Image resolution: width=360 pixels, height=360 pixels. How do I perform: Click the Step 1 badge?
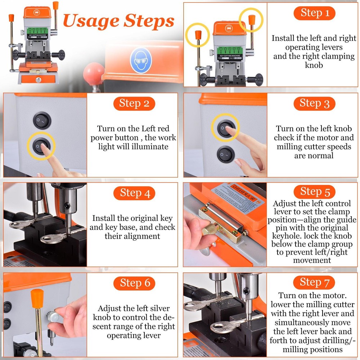pos(314,14)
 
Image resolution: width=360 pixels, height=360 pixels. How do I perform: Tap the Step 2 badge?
pos(134,104)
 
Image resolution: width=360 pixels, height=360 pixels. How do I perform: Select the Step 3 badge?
pos(314,104)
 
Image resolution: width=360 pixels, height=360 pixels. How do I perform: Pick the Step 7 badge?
pos(314,283)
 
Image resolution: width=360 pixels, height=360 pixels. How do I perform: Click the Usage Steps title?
pos(119,21)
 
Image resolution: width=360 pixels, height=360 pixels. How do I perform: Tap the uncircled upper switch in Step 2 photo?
pos(42,120)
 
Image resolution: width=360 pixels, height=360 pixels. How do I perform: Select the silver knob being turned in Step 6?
pos(53,317)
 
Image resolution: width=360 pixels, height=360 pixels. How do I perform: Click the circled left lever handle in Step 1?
pos(198,35)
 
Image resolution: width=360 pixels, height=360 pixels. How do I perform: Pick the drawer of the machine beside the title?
pos(38,79)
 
